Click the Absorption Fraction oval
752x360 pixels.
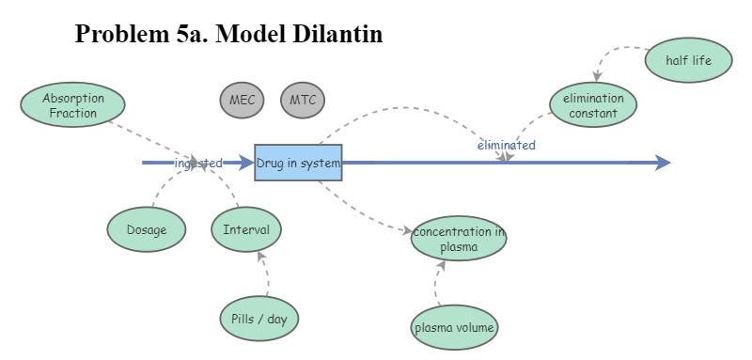click(73, 104)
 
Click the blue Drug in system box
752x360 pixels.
click(298, 163)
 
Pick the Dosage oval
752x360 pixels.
click(146, 230)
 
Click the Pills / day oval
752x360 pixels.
click(258, 319)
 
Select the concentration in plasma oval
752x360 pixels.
click(459, 240)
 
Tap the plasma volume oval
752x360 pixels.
click(455, 328)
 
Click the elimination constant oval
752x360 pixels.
click(593, 105)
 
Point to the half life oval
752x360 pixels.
click(688, 61)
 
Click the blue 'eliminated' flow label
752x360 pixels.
click(506, 146)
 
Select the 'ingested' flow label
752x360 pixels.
click(198, 163)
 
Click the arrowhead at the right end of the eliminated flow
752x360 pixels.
click(663, 163)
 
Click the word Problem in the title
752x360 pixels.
click(116, 34)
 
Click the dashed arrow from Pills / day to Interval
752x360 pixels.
click(267, 274)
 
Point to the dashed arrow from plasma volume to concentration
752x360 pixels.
click(438, 282)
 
